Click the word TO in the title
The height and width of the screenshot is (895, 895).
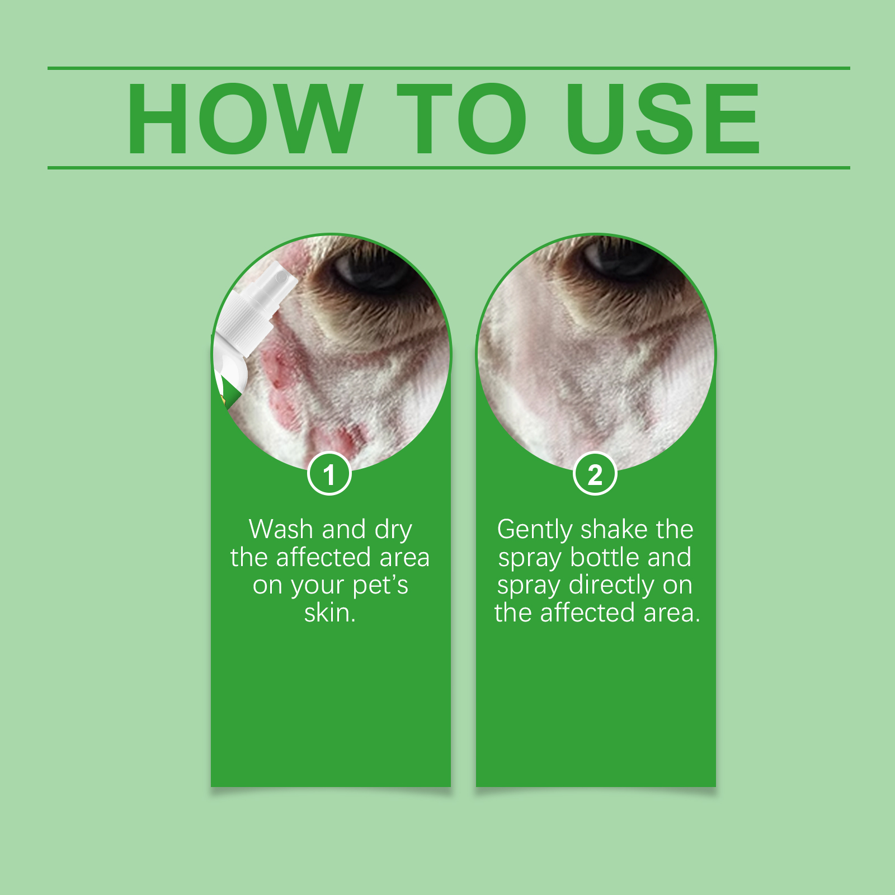[x=462, y=119]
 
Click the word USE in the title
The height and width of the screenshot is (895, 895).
[x=663, y=119]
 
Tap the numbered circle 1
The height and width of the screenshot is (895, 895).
[x=329, y=473]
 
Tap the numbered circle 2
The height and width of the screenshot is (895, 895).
[x=595, y=473]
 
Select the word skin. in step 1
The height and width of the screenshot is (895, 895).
[x=330, y=613]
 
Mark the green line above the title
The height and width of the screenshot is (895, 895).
[x=449, y=68]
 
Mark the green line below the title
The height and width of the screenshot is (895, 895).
[x=449, y=167]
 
